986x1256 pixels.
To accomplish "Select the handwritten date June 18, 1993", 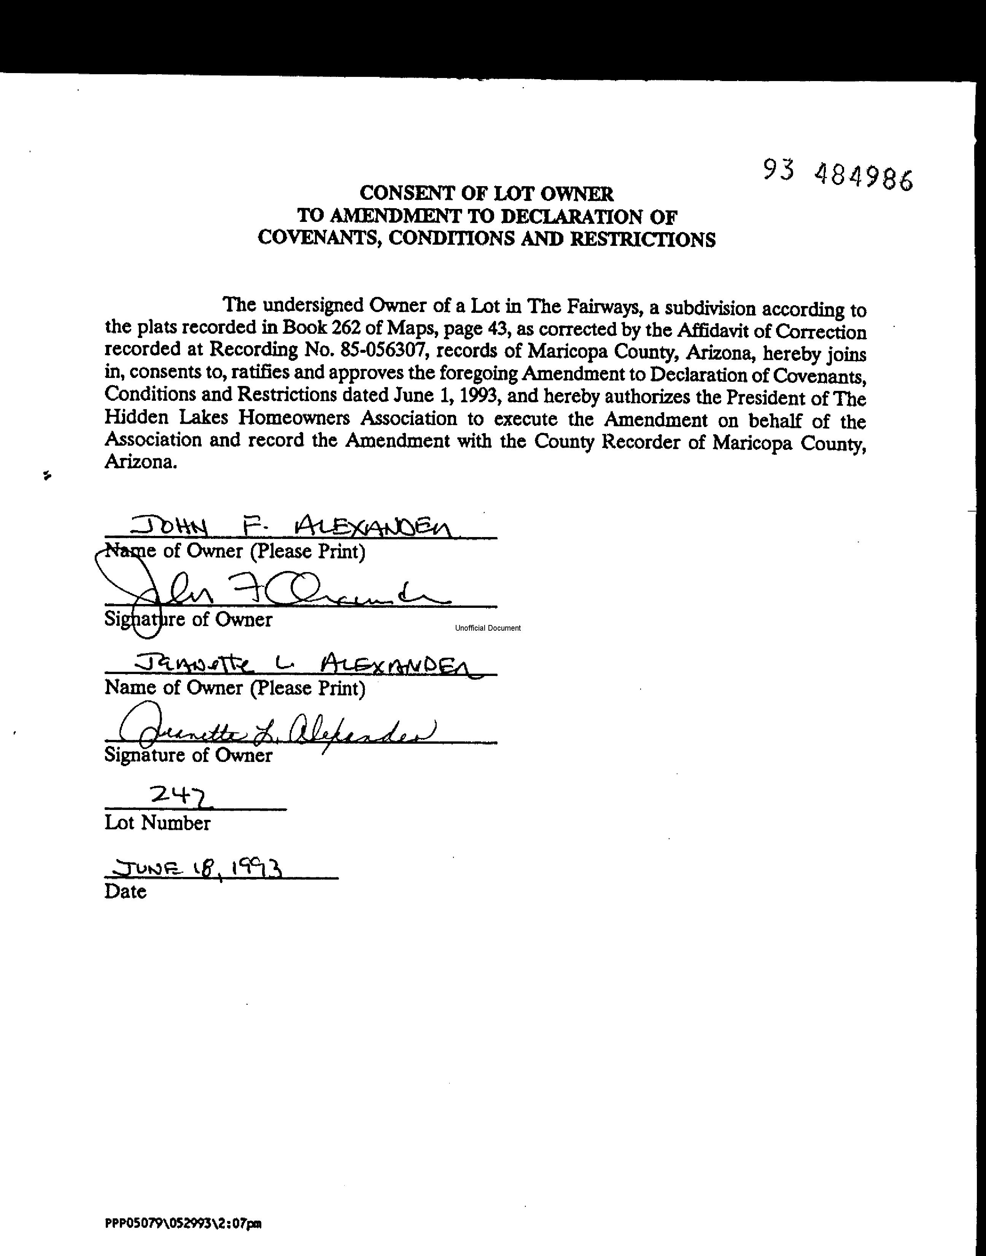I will (x=199, y=868).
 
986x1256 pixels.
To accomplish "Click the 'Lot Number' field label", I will (x=157, y=823).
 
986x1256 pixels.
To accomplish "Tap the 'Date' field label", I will (x=125, y=891).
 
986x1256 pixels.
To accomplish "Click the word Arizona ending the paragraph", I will (x=140, y=462).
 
